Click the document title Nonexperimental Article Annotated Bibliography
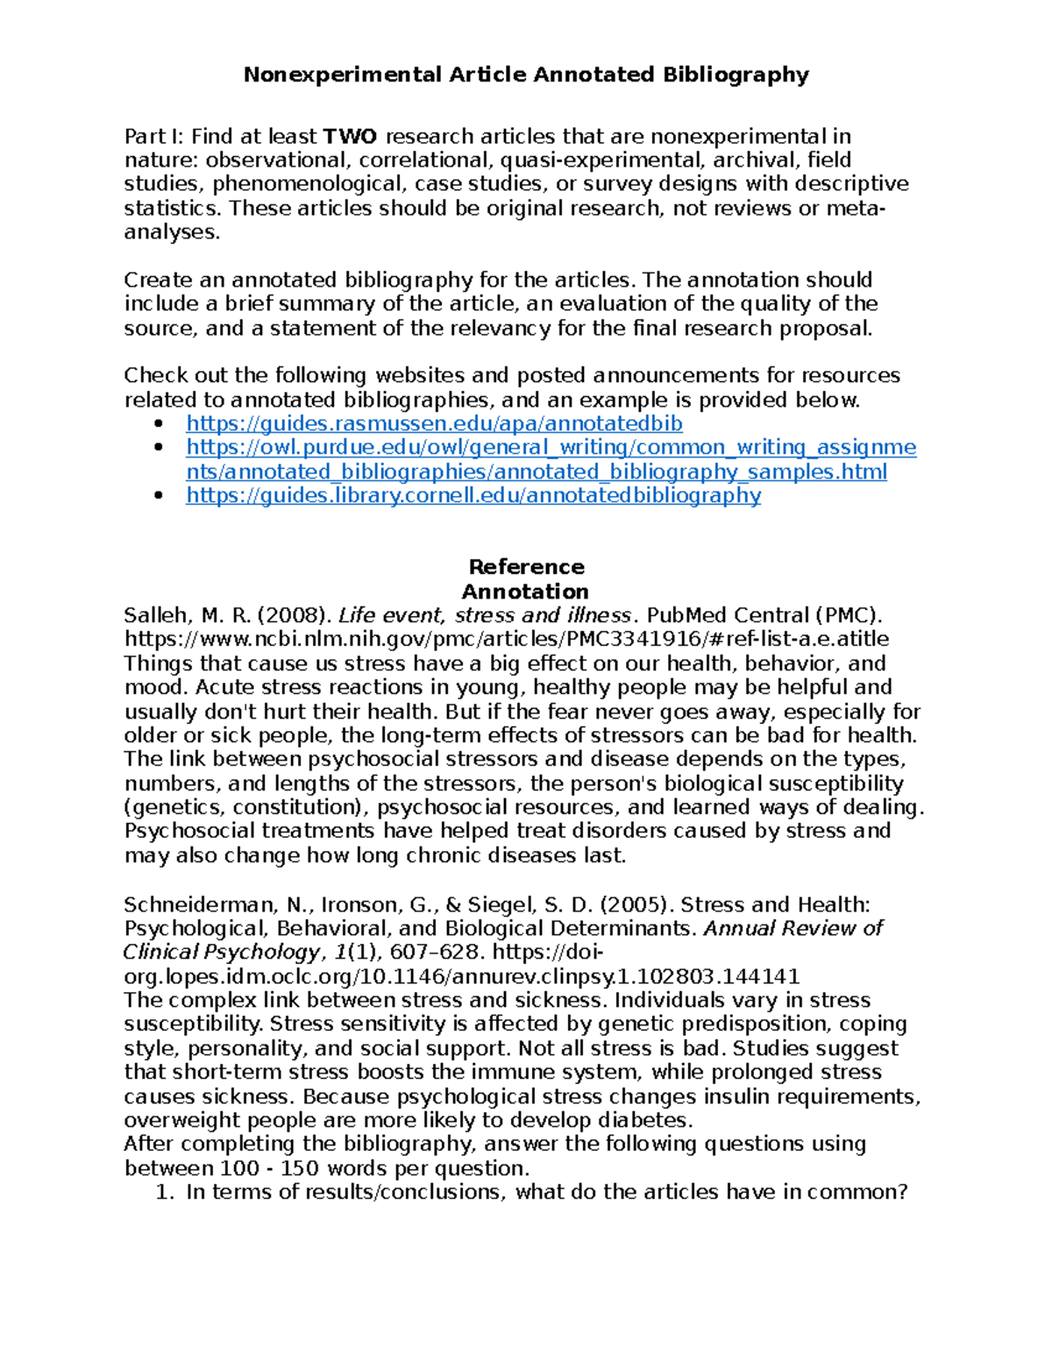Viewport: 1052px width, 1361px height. pos(526,74)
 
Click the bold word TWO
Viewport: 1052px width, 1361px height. pos(350,137)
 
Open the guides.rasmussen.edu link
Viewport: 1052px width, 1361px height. pos(434,423)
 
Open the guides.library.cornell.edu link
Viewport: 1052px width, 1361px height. pos(473,495)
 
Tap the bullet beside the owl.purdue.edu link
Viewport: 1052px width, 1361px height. pos(159,448)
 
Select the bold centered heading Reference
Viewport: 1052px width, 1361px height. pos(526,567)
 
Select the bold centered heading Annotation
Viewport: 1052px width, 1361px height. pos(525,592)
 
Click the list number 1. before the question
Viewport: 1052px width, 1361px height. pos(164,1192)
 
